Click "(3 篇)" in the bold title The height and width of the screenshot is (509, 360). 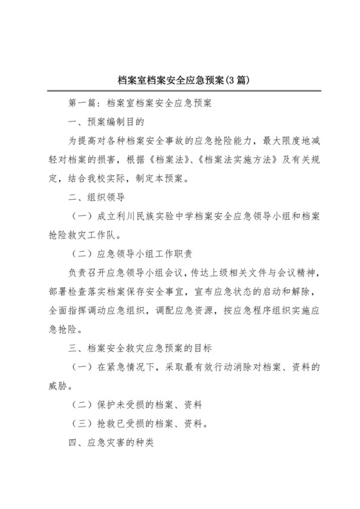[233, 81]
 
